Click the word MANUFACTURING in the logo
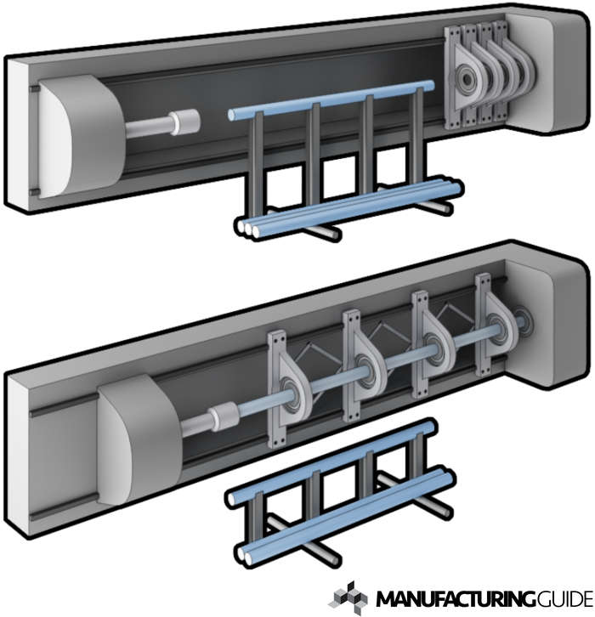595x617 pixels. coord(456,599)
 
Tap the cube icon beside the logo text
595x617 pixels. coord(348,597)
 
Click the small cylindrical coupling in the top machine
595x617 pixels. coord(185,122)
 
